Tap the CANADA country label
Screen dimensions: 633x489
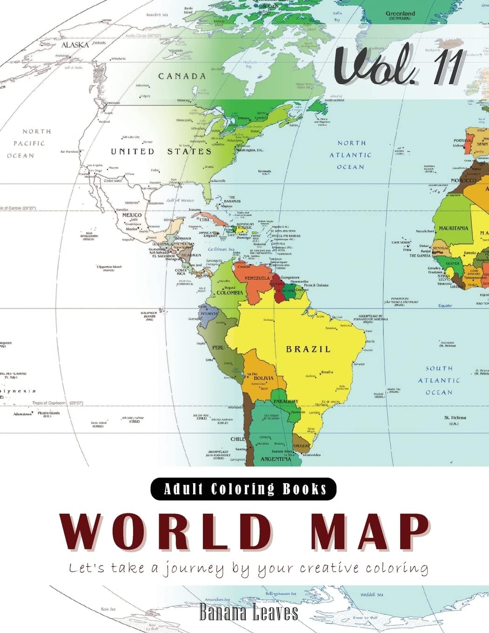click(181, 76)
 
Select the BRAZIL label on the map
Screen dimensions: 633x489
click(308, 349)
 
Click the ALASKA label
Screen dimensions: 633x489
click(75, 45)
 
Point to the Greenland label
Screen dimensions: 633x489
click(400, 14)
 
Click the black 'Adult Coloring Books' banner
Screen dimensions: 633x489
click(243, 489)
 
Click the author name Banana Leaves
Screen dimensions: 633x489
click(248, 613)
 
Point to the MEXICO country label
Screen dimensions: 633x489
click(132, 215)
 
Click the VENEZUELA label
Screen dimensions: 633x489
click(257, 278)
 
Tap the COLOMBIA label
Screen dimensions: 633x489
click(229, 293)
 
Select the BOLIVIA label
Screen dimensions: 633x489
click(263, 378)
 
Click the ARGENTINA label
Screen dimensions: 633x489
click(275, 459)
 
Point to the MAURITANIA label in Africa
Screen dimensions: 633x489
click(453, 229)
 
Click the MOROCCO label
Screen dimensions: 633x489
click(463, 180)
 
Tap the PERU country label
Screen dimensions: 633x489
click(218, 347)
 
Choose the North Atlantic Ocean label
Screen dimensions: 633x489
click(351, 155)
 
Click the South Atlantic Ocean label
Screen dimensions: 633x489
click(439, 380)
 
